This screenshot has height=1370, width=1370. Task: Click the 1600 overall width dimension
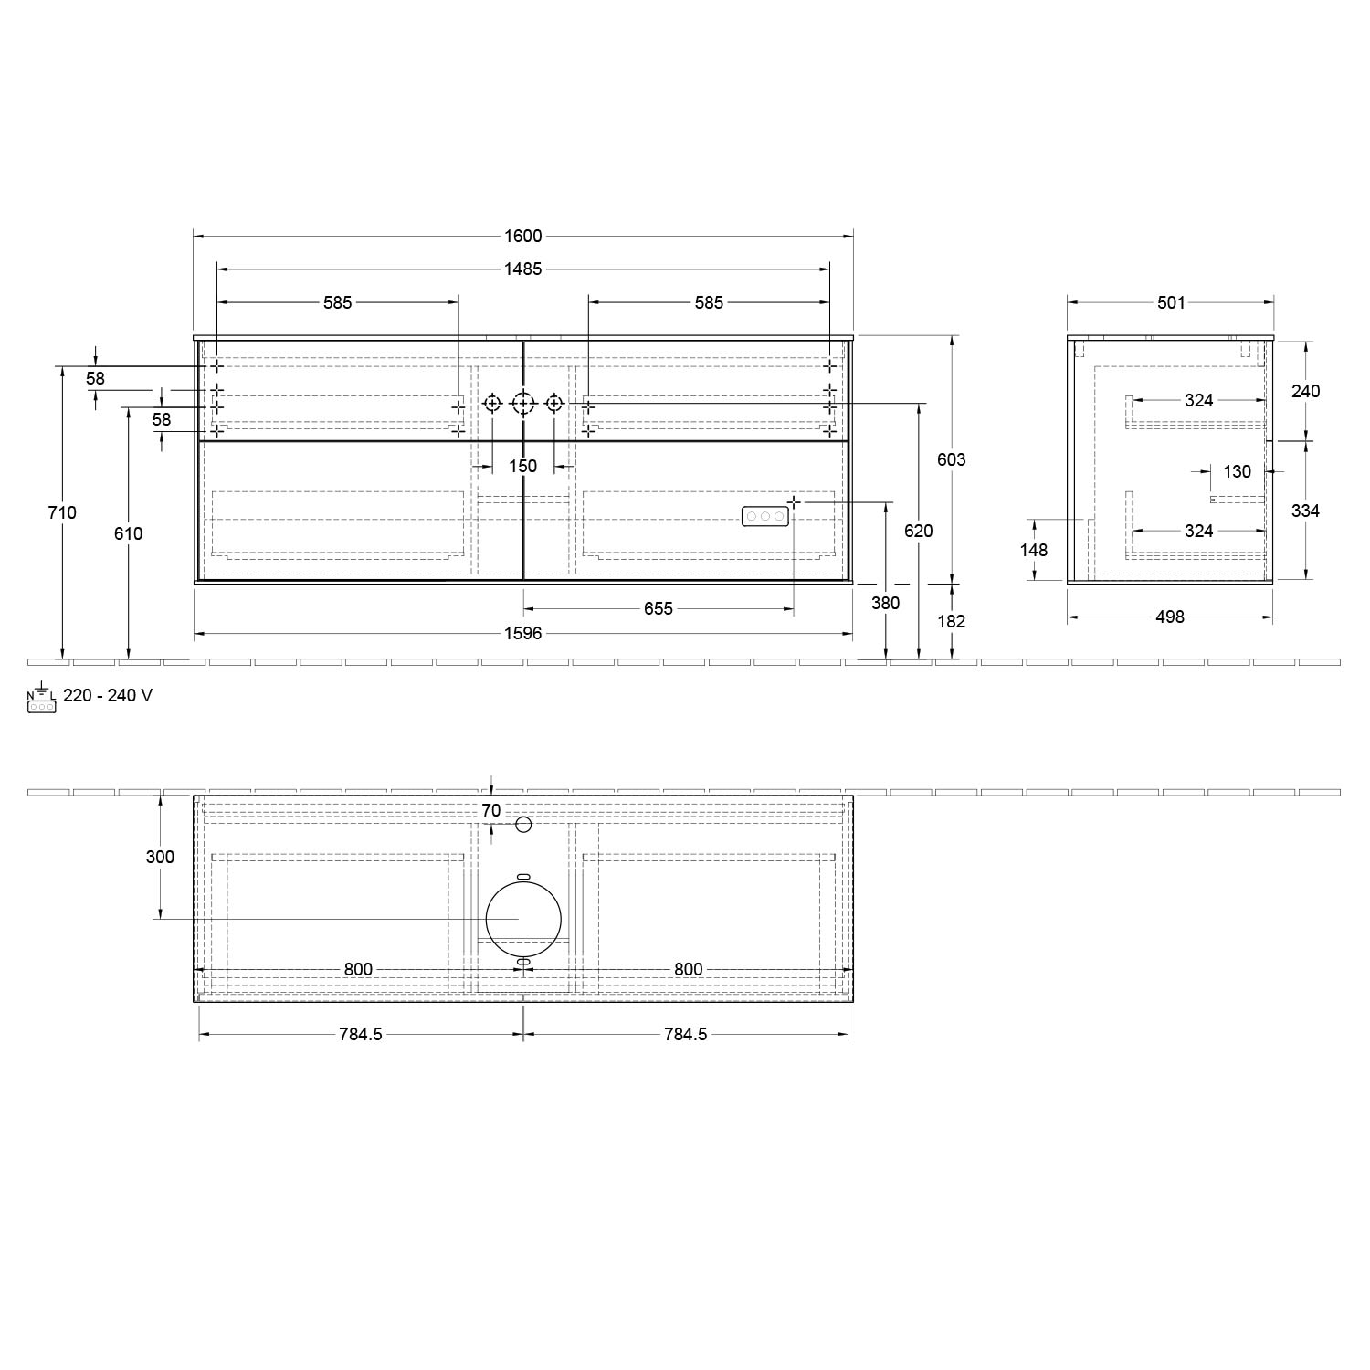(523, 236)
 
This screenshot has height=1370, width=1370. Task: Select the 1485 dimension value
(523, 269)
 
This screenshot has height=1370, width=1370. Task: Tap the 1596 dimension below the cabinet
(523, 633)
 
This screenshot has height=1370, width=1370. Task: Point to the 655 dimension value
(659, 608)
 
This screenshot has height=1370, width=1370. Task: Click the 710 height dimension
(62, 512)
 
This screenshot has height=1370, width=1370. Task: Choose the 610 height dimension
(129, 533)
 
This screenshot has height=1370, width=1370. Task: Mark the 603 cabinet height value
(952, 459)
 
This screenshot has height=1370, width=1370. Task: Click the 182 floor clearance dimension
(952, 621)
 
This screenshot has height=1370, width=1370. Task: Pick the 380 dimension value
(886, 603)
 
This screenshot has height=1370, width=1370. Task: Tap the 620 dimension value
(919, 531)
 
